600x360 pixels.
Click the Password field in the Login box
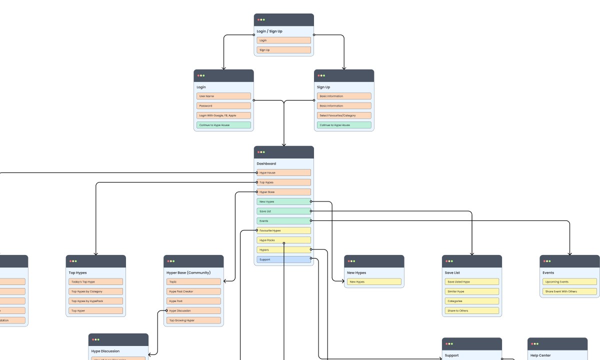(x=223, y=106)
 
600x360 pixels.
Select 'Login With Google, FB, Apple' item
(x=223, y=115)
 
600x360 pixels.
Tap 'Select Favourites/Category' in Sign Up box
(x=344, y=115)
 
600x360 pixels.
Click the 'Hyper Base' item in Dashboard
(x=284, y=192)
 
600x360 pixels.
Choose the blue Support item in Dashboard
(x=284, y=259)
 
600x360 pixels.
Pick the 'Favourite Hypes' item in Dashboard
(x=284, y=230)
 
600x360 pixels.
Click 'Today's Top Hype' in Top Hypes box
(x=95, y=281)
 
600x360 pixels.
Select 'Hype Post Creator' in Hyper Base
(x=193, y=291)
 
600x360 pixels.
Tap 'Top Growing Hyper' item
(x=193, y=320)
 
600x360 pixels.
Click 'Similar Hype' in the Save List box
(x=471, y=291)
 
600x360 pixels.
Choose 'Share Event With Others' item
(x=569, y=291)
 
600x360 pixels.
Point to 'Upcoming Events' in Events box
(x=569, y=281)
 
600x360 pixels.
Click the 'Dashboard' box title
(x=266, y=163)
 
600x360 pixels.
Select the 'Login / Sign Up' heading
(x=269, y=31)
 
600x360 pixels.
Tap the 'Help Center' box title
(x=540, y=355)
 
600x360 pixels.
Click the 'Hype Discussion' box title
(x=105, y=351)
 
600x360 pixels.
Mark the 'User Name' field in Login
(x=223, y=96)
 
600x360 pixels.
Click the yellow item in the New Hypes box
(x=374, y=281)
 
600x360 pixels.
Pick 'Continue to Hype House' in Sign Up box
(x=344, y=125)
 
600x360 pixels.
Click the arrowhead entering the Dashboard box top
(x=284, y=144)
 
